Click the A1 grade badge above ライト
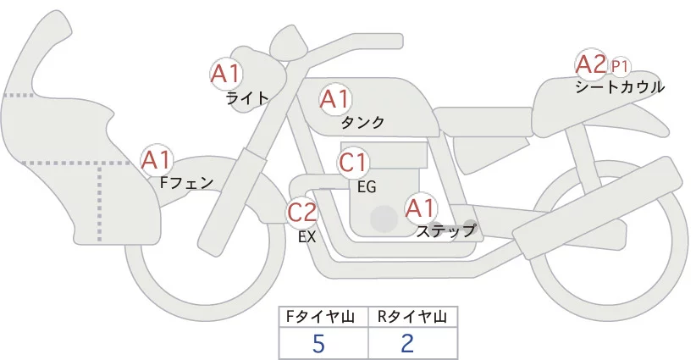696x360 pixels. [x=226, y=74]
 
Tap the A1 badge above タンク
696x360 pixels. [x=334, y=100]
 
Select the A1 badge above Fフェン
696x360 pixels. [x=157, y=159]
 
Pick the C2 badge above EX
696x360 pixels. [x=302, y=212]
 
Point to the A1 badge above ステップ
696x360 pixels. [x=421, y=208]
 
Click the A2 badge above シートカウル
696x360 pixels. [x=590, y=64]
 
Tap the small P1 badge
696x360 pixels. [x=620, y=66]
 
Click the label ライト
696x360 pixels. [x=247, y=98]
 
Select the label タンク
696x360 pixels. [x=362, y=123]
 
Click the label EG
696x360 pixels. [x=367, y=186]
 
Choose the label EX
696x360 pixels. [x=307, y=237]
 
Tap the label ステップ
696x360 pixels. [x=446, y=230]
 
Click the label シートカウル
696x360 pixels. [x=620, y=87]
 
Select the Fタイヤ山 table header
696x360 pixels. [x=324, y=317]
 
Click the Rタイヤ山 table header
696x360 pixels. [x=412, y=317]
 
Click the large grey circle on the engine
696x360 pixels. [x=384, y=219]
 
